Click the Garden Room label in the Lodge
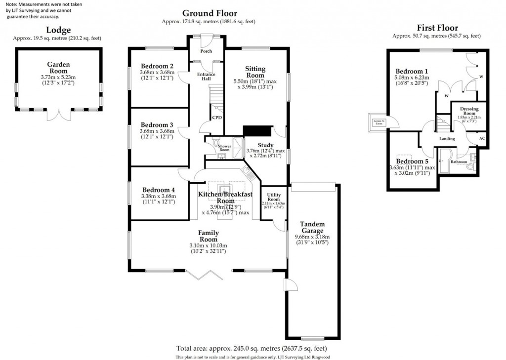tap(58, 68)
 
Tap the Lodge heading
tap(58, 30)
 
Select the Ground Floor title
tap(209, 13)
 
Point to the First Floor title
tap(437, 28)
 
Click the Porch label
tap(206, 51)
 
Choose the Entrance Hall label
tap(206, 76)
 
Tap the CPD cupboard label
tap(216, 118)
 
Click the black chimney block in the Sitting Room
tap(257, 130)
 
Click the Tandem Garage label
tap(312, 227)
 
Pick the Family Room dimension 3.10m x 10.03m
tap(208, 245)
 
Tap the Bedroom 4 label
tap(159, 190)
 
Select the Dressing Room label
tap(469, 111)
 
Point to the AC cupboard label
tap(482, 139)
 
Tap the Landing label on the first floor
tap(447, 139)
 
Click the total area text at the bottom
tap(253, 348)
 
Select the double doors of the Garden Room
tap(58, 115)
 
